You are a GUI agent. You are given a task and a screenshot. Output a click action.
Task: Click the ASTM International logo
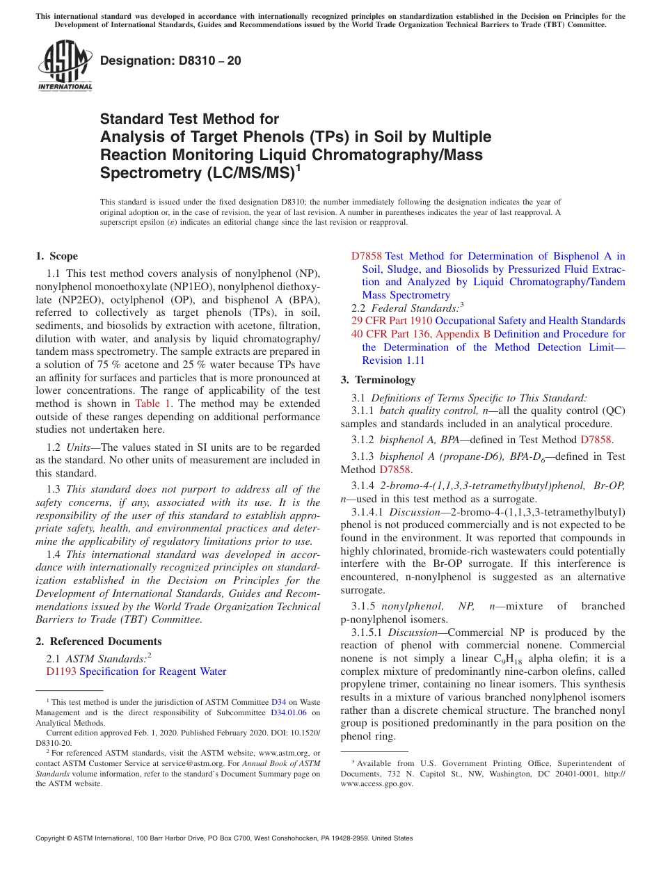click(x=65, y=66)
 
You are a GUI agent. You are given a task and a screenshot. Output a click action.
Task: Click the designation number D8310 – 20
click(x=170, y=61)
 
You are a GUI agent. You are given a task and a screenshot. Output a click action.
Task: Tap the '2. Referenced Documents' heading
click(x=99, y=641)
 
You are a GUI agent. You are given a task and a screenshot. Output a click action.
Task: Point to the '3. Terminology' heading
click(x=379, y=380)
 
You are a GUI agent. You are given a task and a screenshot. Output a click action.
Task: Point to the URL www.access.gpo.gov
click(x=376, y=783)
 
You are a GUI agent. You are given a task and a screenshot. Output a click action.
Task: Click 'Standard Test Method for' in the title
click(x=189, y=119)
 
